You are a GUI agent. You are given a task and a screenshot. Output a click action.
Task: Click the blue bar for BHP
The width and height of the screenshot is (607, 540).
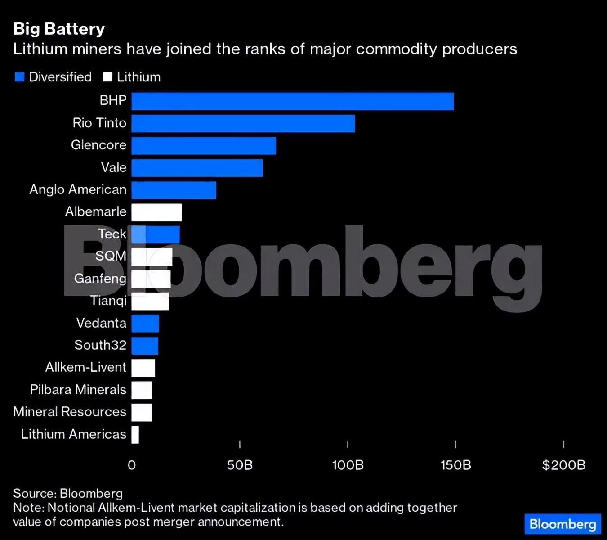tap(292, 101)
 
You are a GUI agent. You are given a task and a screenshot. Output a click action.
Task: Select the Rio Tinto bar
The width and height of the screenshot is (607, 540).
tap(243, 124)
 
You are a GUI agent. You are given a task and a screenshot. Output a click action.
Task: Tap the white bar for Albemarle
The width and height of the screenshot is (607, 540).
tap(156, 212)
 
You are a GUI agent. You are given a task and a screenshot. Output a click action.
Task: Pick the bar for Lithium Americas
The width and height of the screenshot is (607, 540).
tap(135, 435)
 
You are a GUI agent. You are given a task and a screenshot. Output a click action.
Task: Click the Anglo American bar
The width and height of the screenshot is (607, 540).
tap(174, 190)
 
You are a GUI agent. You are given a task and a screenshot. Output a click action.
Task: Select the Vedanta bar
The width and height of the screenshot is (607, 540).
tap(145, 324)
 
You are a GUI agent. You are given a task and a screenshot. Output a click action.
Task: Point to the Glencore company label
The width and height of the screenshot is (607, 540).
tap(98, 145)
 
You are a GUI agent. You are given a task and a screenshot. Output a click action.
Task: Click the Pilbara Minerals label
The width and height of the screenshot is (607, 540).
tap(78, 390)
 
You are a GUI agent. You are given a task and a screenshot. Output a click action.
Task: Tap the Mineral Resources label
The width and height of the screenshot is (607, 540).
tap(70, 412)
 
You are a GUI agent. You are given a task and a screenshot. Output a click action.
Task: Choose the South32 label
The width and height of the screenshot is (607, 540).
tap(100, 345)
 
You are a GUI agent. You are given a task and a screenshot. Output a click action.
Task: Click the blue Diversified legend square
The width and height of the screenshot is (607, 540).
tap(19, 77)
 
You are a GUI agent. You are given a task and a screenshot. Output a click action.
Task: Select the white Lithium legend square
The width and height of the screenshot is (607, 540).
tap(107, 77)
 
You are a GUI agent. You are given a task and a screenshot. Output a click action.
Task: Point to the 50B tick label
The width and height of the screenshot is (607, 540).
tap(240, 465)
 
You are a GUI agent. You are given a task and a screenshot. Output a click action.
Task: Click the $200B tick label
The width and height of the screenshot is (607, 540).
tap(563, 465)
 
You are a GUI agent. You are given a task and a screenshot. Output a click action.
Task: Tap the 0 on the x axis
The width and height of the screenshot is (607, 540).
tap(132, 465)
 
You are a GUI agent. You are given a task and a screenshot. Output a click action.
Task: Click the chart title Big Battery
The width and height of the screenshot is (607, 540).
tap(59, 29)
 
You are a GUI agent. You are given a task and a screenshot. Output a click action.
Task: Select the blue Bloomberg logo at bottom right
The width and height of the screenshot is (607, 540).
tap(562, 524)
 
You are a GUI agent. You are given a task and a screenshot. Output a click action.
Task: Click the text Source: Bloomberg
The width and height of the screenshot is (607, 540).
tap(67, 493)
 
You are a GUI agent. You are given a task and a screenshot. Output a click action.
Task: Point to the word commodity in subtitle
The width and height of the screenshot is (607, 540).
tap(396, 49)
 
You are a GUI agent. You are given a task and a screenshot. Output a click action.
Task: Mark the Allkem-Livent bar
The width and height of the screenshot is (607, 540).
tap(143, 368)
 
